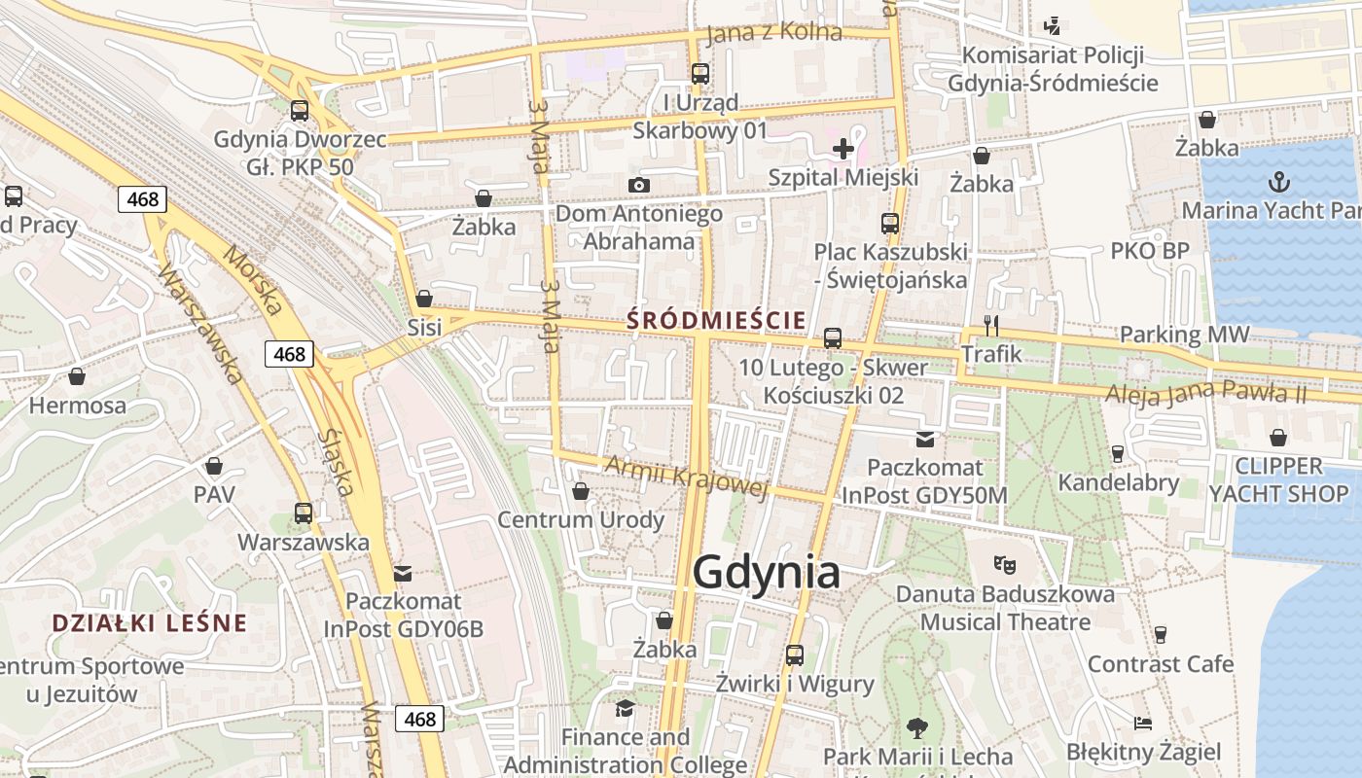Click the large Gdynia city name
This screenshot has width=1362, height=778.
pyautogui.click(x=766, y=573)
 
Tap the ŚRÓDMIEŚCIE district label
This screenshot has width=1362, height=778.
pyautogui.click(x=716, y=319)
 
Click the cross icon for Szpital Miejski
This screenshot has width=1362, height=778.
pyautogui.click(x=843, y=149)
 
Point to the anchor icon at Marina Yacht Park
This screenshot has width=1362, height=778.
pyautogui.click(x=1279, y=182)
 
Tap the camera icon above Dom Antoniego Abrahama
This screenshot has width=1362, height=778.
pyautogui.click(x=639, y=185)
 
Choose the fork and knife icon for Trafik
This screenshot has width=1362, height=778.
pyautogui.click(x=991, y=325)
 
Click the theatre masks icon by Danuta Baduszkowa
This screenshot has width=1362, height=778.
pyautogui.click(x=1005, y=564)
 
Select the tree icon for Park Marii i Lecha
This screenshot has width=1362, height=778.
pyautogui.click(x=916, y=727)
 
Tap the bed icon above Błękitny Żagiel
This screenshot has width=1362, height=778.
pyautogui.click(x=1143, y=724)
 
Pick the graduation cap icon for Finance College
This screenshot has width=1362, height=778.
pyautogui.click(x=625, y=708)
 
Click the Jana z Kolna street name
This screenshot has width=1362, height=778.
pyautogui.click(x=773, y=32)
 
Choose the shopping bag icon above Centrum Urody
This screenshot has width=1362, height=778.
pyautogui.click(x=581, y=491)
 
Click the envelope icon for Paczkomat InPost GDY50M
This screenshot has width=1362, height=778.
pyautogui.click(x=924, y=440)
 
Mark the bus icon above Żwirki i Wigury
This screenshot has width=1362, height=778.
pyautogui.click(x=795, y=655)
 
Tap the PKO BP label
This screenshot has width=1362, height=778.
pyautogui.click(x=1149, y=251)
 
